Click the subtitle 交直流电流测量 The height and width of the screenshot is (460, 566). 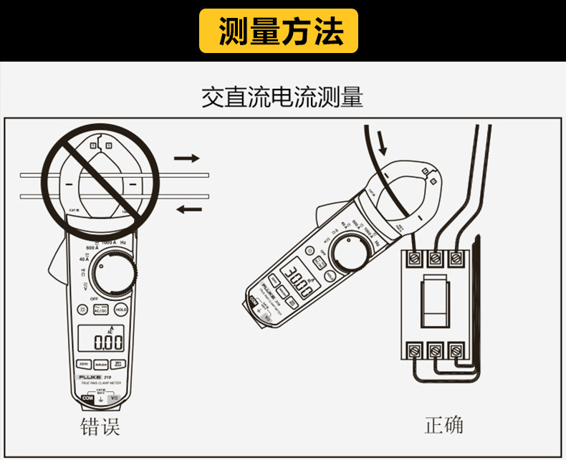click(282, 97)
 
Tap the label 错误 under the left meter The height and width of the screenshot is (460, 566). click(99, 428)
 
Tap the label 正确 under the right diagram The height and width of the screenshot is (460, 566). click(443, 425)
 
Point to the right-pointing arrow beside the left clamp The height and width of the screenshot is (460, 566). click(187, 158)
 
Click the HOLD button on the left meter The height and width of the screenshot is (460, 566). click(121, 310)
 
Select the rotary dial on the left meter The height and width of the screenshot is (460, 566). click(114, 276)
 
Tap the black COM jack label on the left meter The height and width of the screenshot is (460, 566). click(87, 397)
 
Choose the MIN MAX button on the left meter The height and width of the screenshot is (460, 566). click(120, 363)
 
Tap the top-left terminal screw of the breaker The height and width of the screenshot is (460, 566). click(415, 257)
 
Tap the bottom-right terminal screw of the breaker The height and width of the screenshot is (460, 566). click(455, 351)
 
